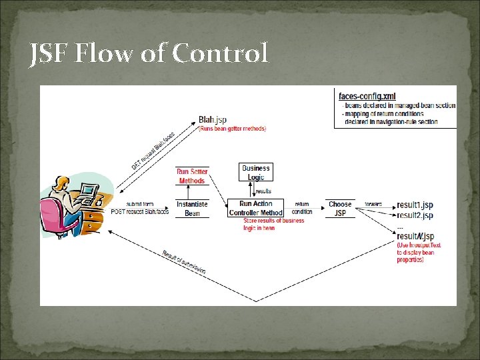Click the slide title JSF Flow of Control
point(149,53)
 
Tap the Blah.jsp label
point(212,120)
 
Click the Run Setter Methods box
point(192,176)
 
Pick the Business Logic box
point(255,173)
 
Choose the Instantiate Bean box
point(192,208)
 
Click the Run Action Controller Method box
point(255,208)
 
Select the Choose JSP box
point(340,208)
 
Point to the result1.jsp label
point(415,205)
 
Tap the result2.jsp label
point(415,215)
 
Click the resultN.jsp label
point(415,236)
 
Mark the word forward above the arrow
point(373,204)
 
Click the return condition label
point(302,208)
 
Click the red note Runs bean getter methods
point(232,129)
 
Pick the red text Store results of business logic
point(273,224)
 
